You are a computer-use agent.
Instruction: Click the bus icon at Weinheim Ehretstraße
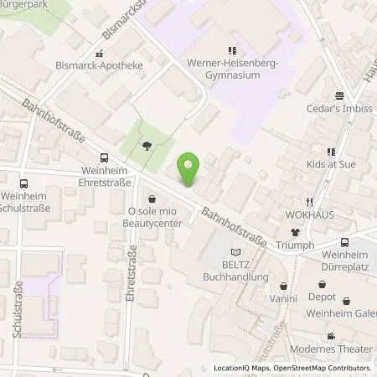click(x=104, y=158)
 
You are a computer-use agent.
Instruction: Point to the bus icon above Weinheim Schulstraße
click(x=23, y=184)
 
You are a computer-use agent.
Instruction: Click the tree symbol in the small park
click(x=147, y=145)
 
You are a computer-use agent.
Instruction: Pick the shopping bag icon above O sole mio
click(x=152, y=199)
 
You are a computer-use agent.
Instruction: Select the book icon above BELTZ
click(x=235, y=251)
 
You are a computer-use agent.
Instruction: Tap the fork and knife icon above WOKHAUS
click(x=309, y=201)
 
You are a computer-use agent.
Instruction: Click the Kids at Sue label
click(x=331, y=164)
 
